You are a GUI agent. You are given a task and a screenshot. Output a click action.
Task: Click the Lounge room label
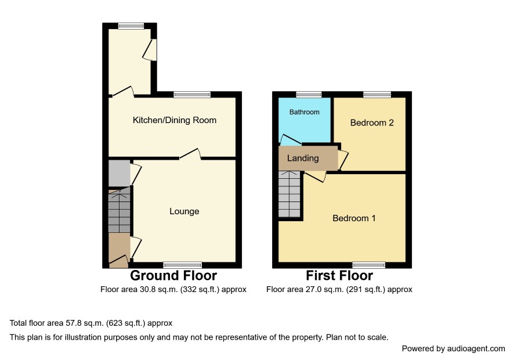click(184, 211)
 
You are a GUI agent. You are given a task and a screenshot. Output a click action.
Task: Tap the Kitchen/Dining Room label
click(175, 120)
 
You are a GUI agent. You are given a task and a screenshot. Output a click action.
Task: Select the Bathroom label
click(304, 112)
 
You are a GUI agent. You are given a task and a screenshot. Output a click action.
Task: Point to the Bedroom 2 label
click(372, 123)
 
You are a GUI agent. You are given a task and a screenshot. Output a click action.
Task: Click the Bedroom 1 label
click(354, 218)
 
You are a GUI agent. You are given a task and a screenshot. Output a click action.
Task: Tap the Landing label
click(303, 159)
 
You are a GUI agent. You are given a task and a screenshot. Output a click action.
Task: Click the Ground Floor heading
click(173, 276)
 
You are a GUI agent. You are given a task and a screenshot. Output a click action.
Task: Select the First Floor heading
click(339, 276)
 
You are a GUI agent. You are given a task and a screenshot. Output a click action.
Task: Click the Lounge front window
click(183, 265)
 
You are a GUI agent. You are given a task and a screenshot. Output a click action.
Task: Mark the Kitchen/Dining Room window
click(192, 95)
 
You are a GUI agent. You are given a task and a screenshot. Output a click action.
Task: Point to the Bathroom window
click(309, 95)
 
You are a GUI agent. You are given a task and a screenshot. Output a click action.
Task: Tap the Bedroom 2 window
click(377, 95)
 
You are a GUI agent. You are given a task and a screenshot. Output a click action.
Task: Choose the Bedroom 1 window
click(369, 265)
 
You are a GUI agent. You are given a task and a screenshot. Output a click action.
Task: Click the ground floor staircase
click(120, 211)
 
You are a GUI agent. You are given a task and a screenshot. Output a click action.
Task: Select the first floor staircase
click(289, 194)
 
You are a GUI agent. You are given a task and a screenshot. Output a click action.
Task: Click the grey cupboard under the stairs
click(120, 173)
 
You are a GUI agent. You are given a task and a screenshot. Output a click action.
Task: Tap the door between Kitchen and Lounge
click(190, 154)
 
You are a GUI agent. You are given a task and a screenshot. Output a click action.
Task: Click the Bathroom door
click(291, 140)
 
